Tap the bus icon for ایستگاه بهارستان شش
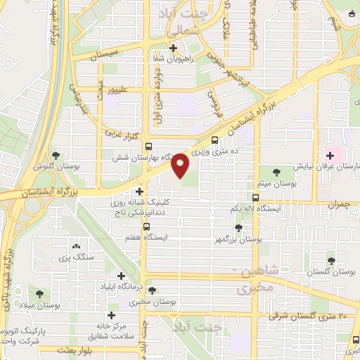point(148,146)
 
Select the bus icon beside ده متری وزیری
point(214,139)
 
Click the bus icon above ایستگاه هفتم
point(146,226)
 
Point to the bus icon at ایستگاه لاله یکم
point(256,198)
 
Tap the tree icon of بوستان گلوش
point(56,155)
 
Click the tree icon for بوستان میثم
point(274,171)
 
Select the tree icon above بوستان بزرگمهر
point(239,228)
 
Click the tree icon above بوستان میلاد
point(39,292)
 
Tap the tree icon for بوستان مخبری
point(153,290)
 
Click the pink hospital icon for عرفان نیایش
point(330,154)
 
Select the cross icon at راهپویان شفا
point(174,48)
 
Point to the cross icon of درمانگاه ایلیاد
point(121,276)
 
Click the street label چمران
point(339,203)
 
